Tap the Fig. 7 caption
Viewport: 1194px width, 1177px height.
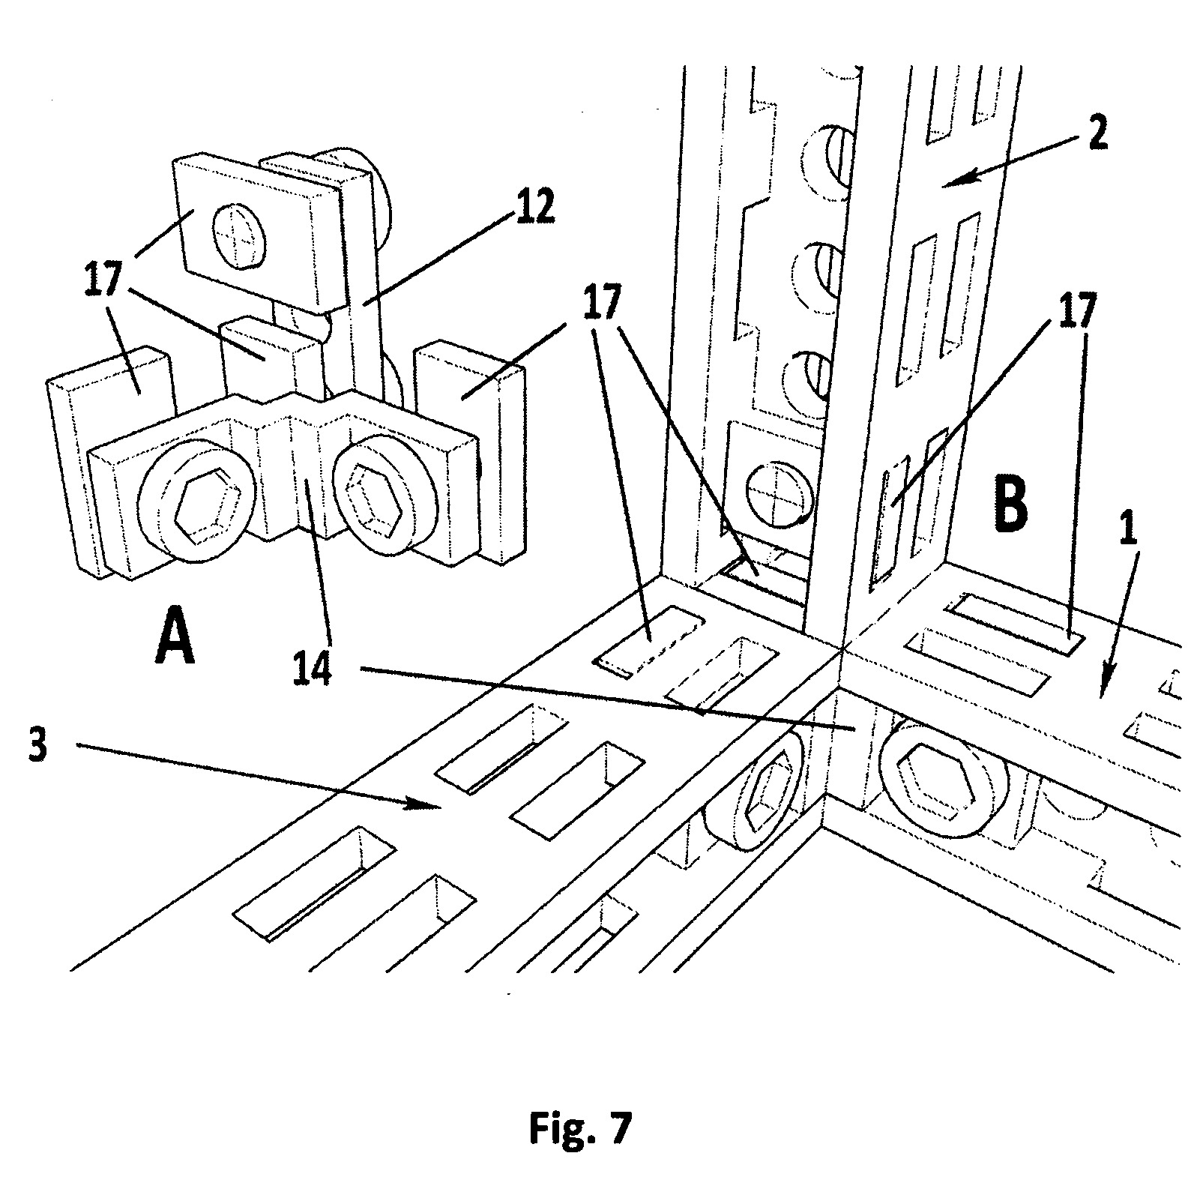pos(581,1128)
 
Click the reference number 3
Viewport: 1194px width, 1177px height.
pos(39,744)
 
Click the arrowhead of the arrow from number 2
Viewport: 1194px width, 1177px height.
pos(951,181)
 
